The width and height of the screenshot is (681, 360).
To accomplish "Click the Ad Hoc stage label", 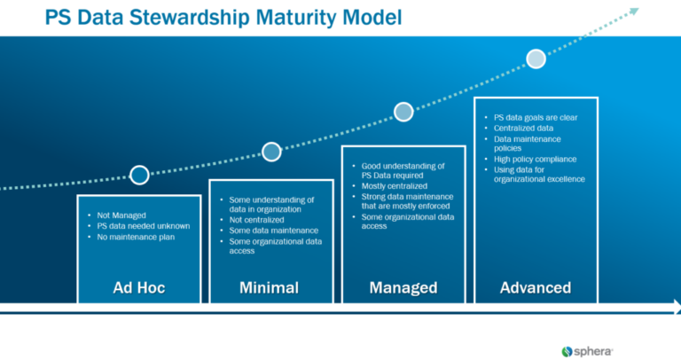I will tap(138, 287).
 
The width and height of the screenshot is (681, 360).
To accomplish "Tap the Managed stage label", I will tap(403, 287).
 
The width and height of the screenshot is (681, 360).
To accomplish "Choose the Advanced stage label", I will tap(535, 287).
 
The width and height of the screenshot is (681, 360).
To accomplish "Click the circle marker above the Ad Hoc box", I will tap(139, 175).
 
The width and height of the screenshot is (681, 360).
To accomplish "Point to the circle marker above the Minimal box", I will tap(271, 152).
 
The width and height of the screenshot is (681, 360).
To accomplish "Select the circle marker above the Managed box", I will tap(403, 112).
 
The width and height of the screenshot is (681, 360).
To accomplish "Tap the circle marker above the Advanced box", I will tap(536, 59).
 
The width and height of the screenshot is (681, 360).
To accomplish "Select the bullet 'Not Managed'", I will tap(122, 215).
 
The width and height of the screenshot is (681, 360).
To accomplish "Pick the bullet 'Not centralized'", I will tap(256, 220).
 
